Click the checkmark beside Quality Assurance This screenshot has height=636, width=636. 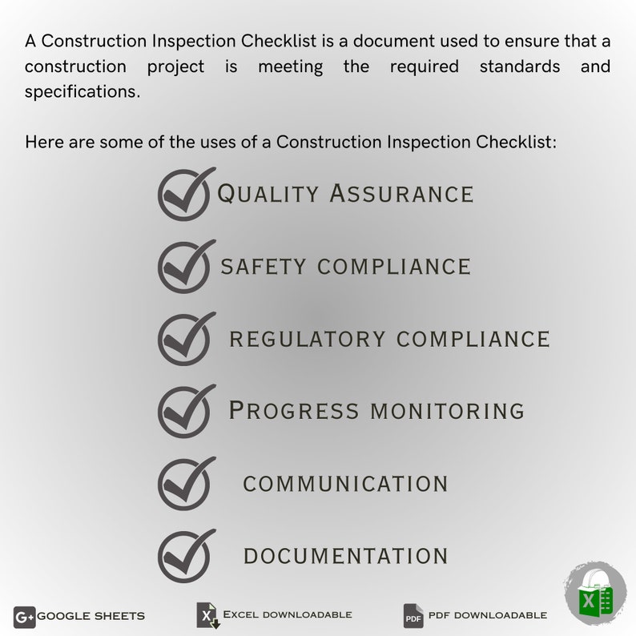[x=186, y=194]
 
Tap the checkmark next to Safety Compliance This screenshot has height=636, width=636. [x=186, y=266]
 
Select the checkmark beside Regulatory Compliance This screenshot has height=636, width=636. [x=186, y=338]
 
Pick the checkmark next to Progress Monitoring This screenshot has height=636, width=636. [x=186, y=411]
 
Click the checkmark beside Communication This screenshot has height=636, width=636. [x=186, y=483]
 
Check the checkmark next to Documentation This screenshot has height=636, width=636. [x=186, y=555]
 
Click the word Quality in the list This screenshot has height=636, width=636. [x=268, y=194]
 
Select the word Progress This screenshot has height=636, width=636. [x=294, y=411]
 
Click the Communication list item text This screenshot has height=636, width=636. [x=345, y=484]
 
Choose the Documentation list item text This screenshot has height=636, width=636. [x=345, y=556]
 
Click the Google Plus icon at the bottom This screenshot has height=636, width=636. [x=24, y=616]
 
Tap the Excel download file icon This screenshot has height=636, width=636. [x=207, y=615]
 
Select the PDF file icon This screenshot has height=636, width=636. [x=413, y=616]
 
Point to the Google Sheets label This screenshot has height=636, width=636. [x=91, y=616]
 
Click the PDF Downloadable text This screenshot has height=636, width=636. [x=487, y=615]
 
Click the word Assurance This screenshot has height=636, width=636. [x=402, y=194]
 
